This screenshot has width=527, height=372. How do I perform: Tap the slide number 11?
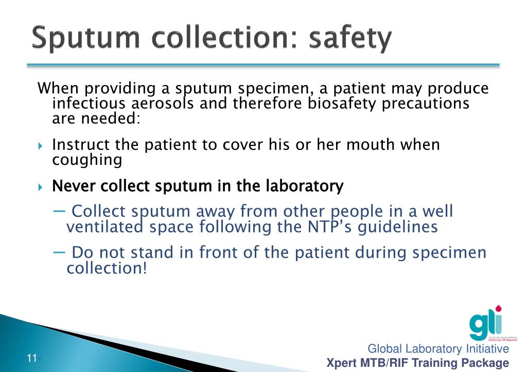pyautogui.click(x=32, y=359)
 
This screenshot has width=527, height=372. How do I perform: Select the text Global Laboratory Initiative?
pyautogui.click(x=438, y=349)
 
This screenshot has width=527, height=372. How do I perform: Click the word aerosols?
pyautogui.click(x=163, y=104)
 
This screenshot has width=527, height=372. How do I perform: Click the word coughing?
pyautogui.click(x=87, y=160)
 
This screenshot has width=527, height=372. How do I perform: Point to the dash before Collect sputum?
pyautogui.click(x=59, y=211)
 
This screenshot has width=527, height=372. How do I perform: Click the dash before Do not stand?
pyautogui.click(x=59, y=252)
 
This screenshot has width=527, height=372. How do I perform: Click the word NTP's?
pyautogui.click(x=330, y=227)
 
